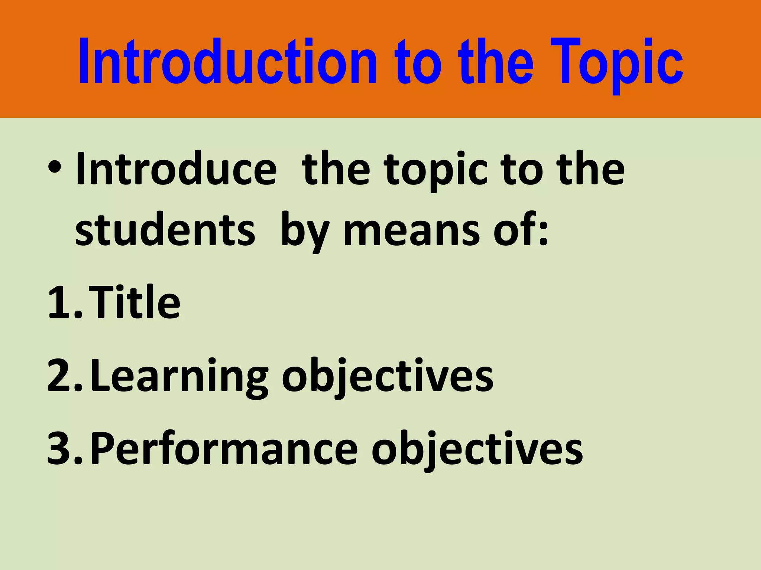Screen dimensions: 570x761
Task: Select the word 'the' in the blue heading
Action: (496, 62)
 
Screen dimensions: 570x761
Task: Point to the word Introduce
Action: (176, 170)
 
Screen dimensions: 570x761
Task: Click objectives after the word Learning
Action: (387, 376)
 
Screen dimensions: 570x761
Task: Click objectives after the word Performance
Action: (477, 449)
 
